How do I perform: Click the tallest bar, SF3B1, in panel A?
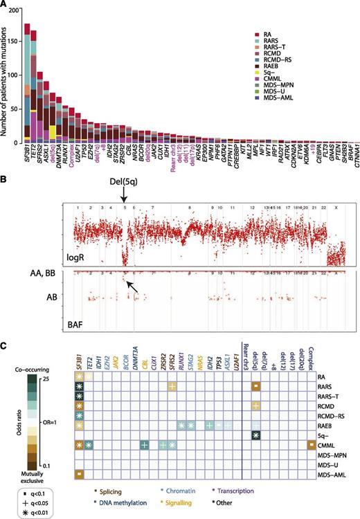tap(27, 83)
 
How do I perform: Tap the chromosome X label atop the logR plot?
tap(335, 206)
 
